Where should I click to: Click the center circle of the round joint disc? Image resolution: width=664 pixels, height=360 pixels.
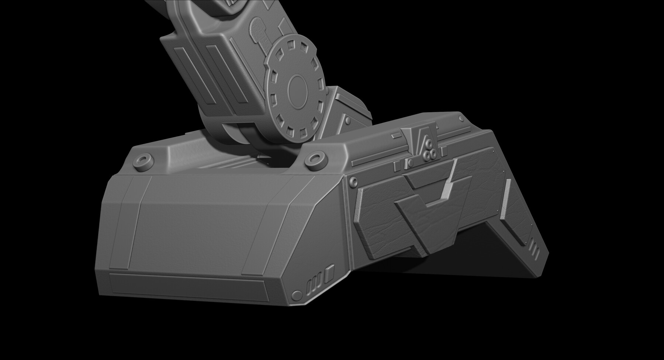pos(297,89)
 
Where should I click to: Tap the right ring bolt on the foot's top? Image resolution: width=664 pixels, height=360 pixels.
pos(315,158)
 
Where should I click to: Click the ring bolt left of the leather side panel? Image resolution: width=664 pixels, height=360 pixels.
pos(353,181)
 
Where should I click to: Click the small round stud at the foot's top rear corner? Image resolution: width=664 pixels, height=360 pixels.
pos(461,118)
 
